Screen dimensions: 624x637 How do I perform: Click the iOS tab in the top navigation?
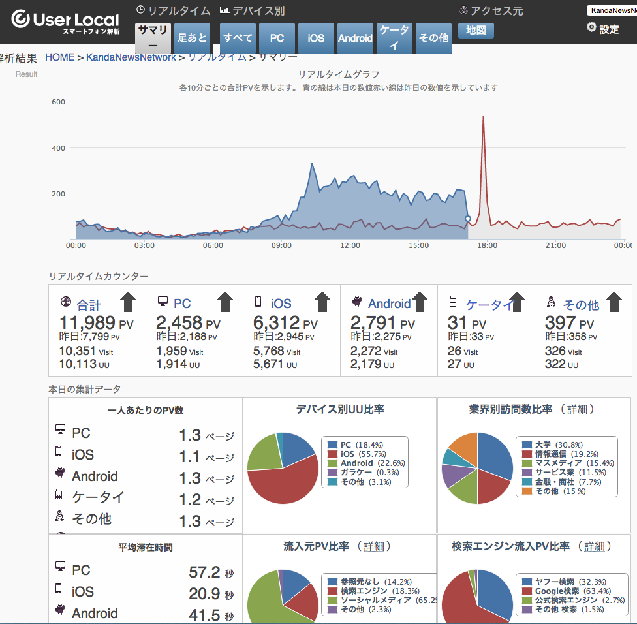(316, 38)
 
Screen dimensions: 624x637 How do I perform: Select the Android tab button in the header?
(355, 38)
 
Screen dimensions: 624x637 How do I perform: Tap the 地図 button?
(476, 31)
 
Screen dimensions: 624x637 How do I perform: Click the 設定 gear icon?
(592, 27)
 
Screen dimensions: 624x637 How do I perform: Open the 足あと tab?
(192, 38)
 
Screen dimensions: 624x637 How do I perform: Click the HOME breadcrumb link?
(60, 57)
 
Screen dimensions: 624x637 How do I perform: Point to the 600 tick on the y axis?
(58, 102)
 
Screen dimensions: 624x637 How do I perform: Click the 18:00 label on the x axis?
(487, 245)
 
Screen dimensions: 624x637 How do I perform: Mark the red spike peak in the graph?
(483, 117)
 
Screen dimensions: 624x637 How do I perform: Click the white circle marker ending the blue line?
(467, 219)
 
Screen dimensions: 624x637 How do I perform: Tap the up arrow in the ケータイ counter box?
(517, 302)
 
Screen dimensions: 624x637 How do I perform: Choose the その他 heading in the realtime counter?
(580, 304)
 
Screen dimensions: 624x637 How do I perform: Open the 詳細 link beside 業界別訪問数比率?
(576, 409)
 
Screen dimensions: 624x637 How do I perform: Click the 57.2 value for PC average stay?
(204, 572)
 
